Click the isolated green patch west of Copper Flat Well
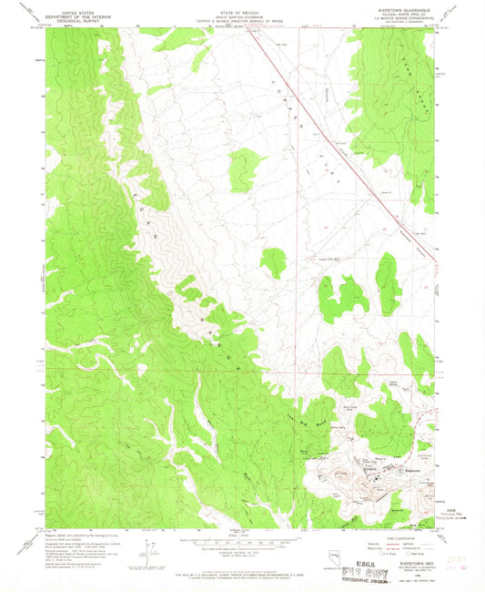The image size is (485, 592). (272, 262)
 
